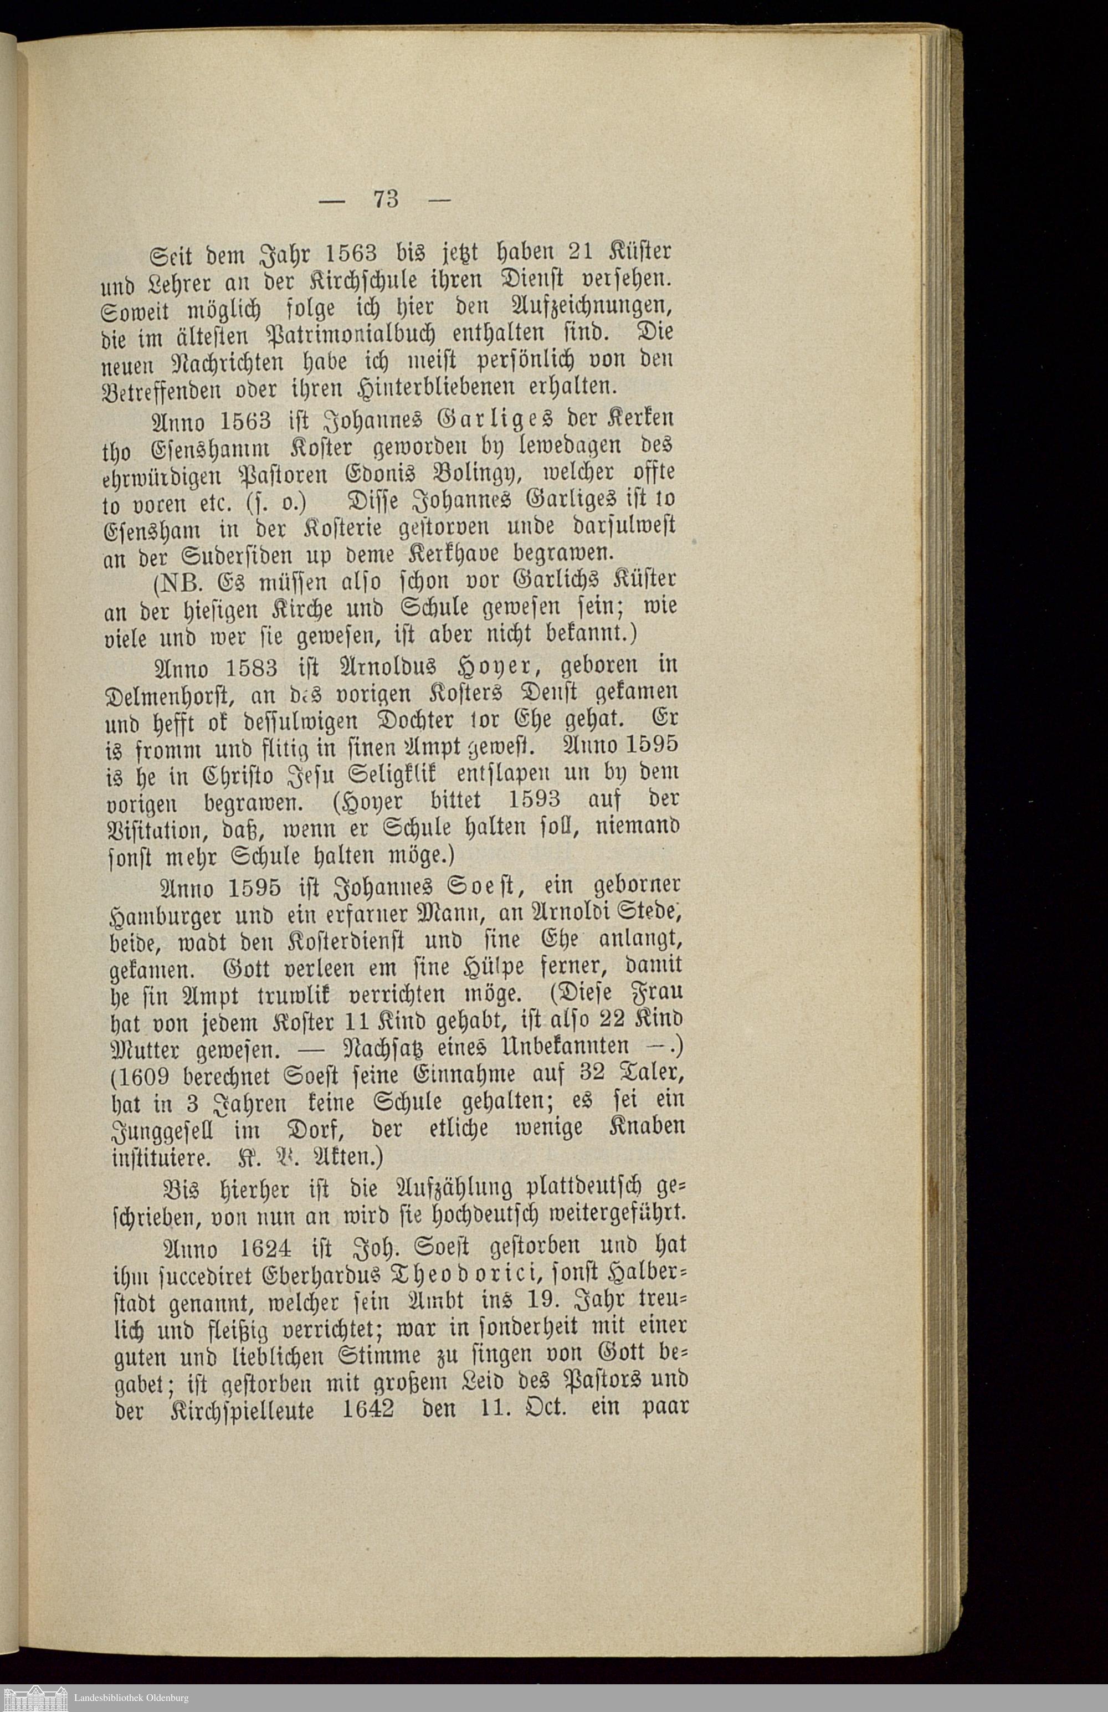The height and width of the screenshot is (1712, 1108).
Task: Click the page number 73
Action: pyautogui.click(x=386, y=198)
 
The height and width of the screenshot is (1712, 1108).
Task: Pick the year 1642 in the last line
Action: pyautogui.click(x=368, y=1408)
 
